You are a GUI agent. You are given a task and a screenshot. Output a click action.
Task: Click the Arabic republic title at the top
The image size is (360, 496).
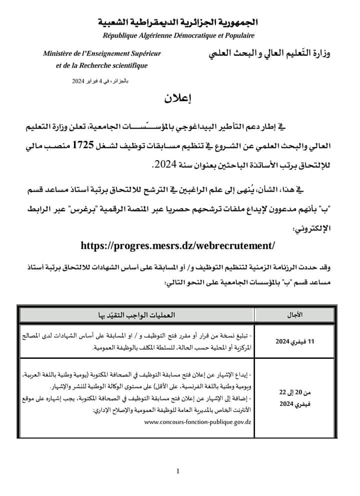[x=179, y=23]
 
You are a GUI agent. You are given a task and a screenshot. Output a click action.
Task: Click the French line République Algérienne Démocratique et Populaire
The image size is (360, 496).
[x=178, y=36]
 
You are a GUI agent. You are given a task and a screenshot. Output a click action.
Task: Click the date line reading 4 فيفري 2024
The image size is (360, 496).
[x=100, y=80]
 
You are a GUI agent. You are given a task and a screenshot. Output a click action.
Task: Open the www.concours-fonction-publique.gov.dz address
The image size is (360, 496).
[x=197, y=422]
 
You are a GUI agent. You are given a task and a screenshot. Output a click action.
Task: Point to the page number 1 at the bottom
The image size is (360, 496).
[x=178, y=470]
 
